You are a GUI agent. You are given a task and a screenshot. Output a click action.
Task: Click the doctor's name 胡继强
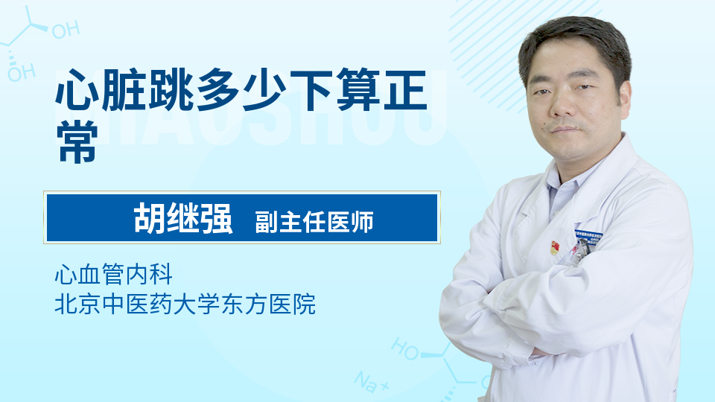coord(183,219)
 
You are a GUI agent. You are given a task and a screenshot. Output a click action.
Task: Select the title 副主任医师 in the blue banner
coord(314,222)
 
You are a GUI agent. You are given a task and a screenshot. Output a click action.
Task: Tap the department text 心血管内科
coord(113,274)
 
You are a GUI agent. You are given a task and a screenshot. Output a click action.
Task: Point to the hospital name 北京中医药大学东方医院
coord(185,304)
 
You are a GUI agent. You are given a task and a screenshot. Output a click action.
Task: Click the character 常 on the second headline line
coord(77,141)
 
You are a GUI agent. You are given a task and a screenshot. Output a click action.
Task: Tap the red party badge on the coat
coord(554,248)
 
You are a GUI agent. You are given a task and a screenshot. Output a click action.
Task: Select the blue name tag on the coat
coord(588,237)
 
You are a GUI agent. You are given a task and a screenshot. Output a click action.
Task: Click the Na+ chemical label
coord(372,381)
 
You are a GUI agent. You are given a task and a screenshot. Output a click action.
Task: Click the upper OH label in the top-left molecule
coord(66,30)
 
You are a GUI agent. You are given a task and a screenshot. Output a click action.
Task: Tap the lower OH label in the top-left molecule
coord(22,73)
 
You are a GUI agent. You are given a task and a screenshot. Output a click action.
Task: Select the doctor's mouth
coord(564,130)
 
